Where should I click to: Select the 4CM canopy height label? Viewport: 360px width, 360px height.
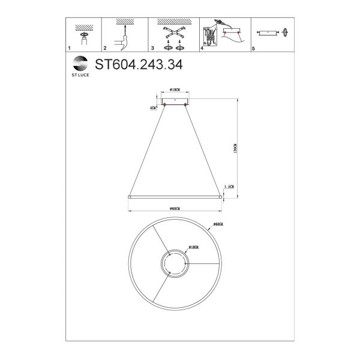(x=154, y=107)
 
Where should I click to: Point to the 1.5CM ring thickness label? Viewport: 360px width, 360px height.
(x=228, y=187)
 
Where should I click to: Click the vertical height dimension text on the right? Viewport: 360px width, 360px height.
(x=235, y=146)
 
